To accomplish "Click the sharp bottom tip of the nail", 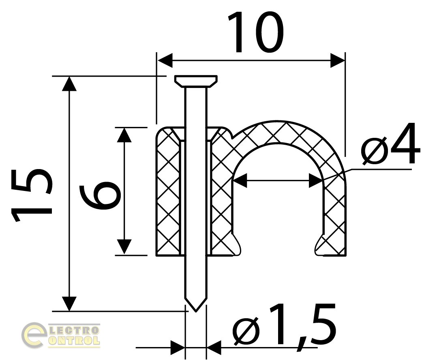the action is point(196,312).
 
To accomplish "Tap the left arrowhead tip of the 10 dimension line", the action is point(157,60).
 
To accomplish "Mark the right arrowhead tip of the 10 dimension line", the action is point(345,60).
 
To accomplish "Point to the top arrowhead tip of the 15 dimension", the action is point(70,77).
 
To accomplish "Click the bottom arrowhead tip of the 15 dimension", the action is point(70,311).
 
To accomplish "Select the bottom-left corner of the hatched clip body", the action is point(156,255).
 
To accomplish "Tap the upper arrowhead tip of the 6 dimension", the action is point(124,128).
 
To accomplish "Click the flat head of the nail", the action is point(196,81).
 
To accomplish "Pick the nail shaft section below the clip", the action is point(196,283).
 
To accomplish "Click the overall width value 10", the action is point(256,32).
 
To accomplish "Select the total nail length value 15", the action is point(31,195).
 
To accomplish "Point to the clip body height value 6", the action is point(100,195).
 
